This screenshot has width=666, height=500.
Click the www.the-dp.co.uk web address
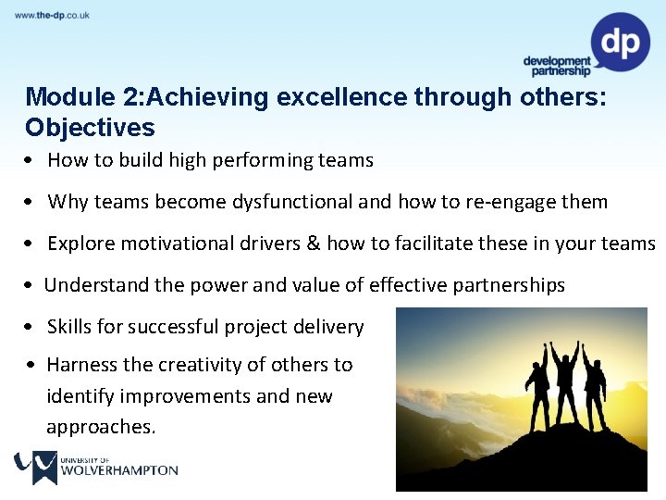tap(52, 16)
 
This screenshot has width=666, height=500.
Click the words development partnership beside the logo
tap(556, 66)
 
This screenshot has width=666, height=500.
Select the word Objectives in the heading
tap(90, 127)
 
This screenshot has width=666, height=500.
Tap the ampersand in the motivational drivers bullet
tap(313, 244)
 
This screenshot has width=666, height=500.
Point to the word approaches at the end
tap(100, 427)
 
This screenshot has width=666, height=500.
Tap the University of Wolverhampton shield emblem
tap(35, 467)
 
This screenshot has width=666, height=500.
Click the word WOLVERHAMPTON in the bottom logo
tap(118, 470)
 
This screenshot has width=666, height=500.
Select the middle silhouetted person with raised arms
tap(564, 380)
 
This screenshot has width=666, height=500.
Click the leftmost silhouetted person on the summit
tap(537, 389)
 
